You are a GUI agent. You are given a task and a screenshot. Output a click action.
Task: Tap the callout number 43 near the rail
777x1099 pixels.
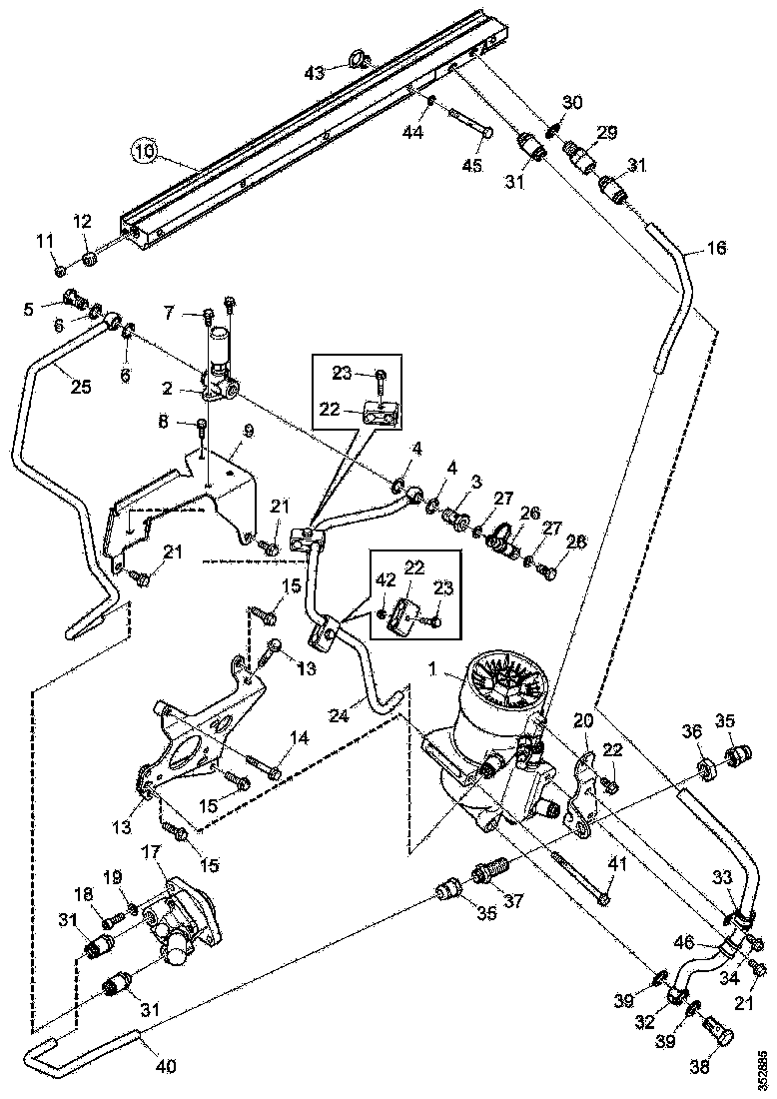[x=314, y=73]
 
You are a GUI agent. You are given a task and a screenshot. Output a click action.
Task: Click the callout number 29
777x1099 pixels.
[x=606, y=133]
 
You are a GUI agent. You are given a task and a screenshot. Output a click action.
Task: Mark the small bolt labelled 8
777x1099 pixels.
[x=203, y=429]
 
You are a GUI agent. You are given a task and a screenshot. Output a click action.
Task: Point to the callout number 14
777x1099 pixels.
[x=300, y=740]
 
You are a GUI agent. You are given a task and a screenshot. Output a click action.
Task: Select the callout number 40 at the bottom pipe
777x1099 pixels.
[x=165, y=1066]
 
